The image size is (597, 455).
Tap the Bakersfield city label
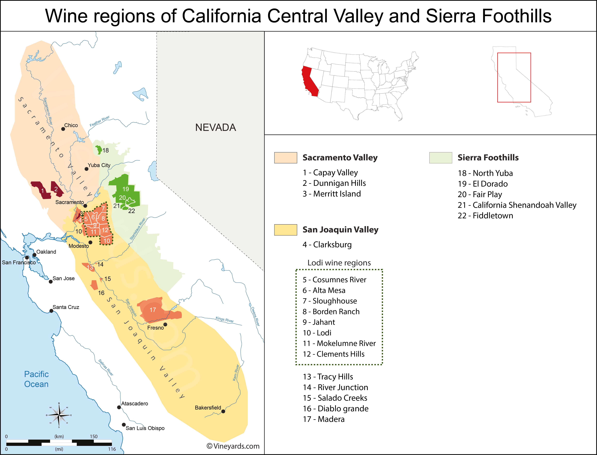click(208, 408)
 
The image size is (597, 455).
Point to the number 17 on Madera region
click(153, 310)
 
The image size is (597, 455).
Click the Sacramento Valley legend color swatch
click(286, 158)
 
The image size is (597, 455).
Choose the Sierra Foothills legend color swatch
click(441, 158)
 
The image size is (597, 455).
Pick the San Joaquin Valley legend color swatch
click(286, 230)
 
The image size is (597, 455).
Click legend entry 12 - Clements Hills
click(333, 354)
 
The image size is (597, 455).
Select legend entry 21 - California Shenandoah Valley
click(517, 205)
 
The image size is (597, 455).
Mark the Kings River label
click(225, 320)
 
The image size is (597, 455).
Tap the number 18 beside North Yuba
click(106, 150)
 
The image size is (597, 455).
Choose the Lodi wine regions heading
click(339, 263)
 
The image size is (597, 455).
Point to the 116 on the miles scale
click(112, 449)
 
